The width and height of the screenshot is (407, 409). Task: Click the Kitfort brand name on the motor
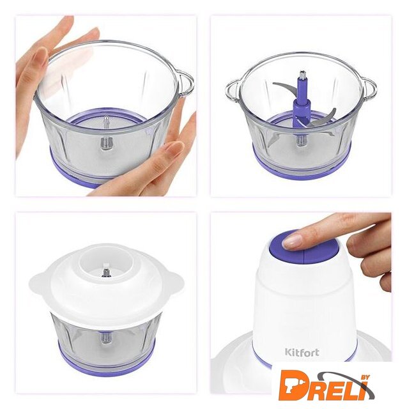[302, 352]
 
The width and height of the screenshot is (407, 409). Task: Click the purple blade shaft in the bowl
[302, 104]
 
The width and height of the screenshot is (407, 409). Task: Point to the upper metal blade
[284, 88]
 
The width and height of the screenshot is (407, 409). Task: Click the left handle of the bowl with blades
[233, 91]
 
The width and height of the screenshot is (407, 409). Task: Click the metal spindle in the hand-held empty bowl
[106, 134]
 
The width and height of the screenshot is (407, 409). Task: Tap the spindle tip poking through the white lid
[105, 270]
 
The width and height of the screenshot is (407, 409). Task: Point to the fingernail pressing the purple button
[292, 242]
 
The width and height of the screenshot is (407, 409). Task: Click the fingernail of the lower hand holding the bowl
[174, 148]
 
